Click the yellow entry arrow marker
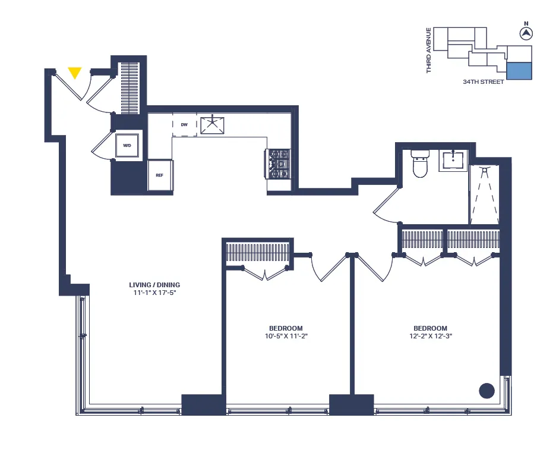[74, 73]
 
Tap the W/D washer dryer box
[127, 145]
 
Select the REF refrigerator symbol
[160, 175]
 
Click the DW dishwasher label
[184, 125]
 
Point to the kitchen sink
[212, 125]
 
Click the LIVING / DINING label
[154, 284]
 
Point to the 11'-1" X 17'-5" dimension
[154, 293]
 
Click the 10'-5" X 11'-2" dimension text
[286, 337]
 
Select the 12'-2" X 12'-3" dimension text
[431, 337]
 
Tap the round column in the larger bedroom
[486, 391]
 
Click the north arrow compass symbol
[525, 34]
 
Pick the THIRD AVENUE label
[429, 51]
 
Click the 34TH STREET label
[484, 82]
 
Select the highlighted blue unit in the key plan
[519, 70]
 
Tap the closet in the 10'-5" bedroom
[257, 253]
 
